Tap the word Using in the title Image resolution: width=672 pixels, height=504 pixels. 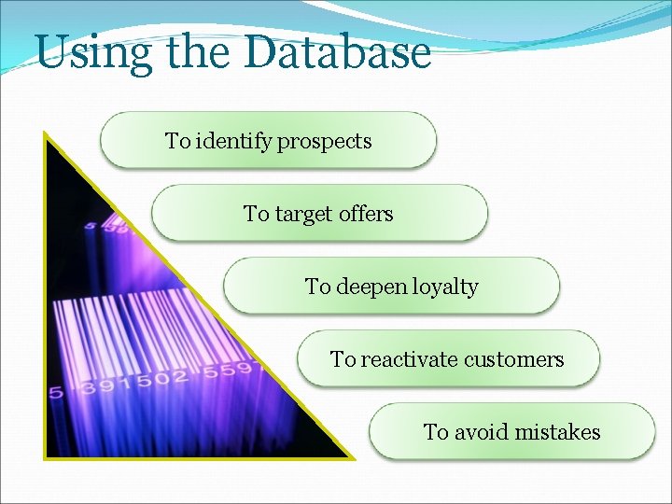pos(93,54)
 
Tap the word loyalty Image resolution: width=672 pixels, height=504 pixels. pos(445,287)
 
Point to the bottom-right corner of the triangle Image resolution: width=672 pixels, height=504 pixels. pos(353,457)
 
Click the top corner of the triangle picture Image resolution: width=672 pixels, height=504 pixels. pos(45,133)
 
